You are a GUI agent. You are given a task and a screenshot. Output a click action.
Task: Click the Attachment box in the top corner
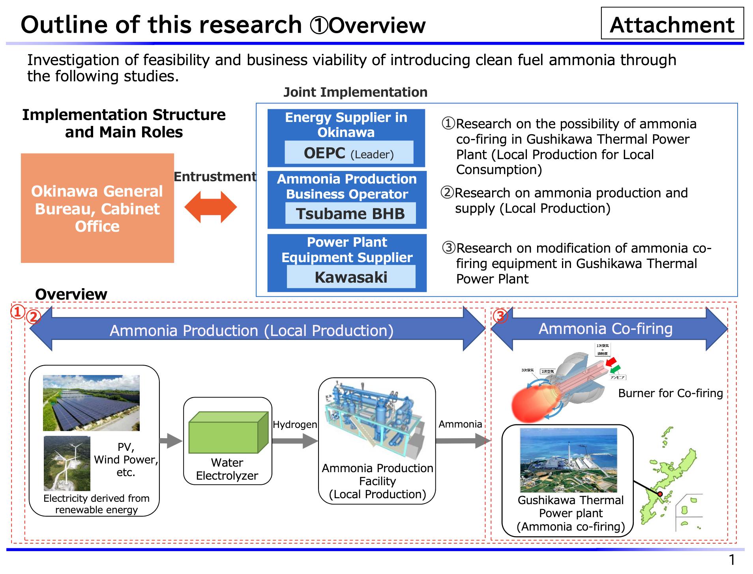pyautogui.click(x=672, y=24)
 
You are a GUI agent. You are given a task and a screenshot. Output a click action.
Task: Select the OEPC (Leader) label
pyautogui.click(x=349, y=153)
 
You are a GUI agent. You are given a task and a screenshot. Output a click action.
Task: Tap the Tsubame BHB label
pyautogui.click(x=350, y=214)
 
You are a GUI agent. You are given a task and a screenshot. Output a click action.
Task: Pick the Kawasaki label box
pyautogui.click(x=351, y=277)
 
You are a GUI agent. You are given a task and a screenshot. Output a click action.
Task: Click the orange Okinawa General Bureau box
pyautogui.click(x=97, y=208)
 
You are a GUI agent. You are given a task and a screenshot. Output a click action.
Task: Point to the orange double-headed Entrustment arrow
pyautogui.click(x=210, y=207)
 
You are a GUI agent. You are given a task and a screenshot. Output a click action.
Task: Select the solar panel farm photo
pyautogui.click(x=91, y=403)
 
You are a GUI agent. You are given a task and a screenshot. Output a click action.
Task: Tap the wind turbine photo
pyautogui.click(x=67, y=463)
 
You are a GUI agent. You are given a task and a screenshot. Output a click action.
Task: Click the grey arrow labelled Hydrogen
pyautogui.click(x=295, y=441)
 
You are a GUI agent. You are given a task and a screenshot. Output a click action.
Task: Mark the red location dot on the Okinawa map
pyautogui.click(x=660, y=494)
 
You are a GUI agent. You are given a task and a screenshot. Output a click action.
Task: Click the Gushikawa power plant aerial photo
pyautogui.click(x=568, y=460)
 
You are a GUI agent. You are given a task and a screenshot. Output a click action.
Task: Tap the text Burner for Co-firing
pyautogui.click(x=670, y=393)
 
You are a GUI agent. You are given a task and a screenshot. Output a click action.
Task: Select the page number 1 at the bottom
pyautogui.click(x=732, y=560)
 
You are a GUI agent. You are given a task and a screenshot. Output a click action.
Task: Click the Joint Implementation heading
pyautogui.click(x=355, y=92)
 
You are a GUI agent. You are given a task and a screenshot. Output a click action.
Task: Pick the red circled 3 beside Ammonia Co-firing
pyautogui.click(x=500, y=316)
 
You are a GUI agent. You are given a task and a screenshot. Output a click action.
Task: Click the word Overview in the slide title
pyautogui.click(x=377, y=26)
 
